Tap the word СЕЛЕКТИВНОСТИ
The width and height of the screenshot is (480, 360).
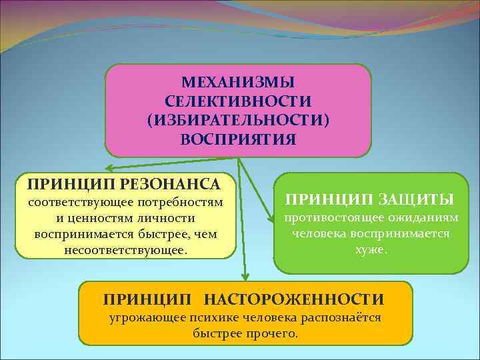click(238, 101)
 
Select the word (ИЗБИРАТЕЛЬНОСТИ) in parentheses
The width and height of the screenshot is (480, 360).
click(238, 121)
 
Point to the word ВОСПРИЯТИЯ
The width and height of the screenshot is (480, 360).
click(238, 140)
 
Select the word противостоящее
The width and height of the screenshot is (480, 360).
click(327, 218)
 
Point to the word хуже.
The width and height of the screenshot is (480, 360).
click(371, 250)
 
